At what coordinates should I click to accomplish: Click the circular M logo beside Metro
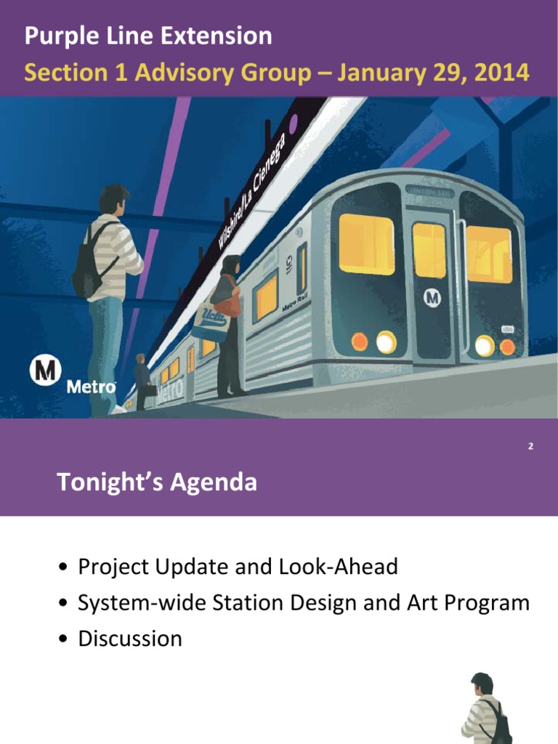pyautogui.click(x=45, y=371)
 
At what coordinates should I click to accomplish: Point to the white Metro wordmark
pyautogui.click(x=91, y=387)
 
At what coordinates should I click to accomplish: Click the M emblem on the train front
pyautogui.click(x=433, y=296)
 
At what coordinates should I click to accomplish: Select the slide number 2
pyautogui.click(x=530, y=446)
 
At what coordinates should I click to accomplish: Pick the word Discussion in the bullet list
pyautogui.click(x=130, y=639)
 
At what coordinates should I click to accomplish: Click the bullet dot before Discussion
pyautogui.click(x=65, y=639)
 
